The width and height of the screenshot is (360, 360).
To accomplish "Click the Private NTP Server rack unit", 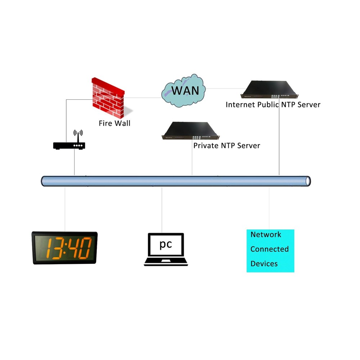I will (190, 131).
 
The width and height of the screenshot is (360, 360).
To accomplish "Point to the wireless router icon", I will (69, 145).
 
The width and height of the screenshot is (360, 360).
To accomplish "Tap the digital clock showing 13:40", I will (65, 248).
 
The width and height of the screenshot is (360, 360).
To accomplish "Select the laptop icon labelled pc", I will (166, 249).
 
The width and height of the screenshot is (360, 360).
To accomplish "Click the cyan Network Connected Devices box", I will (270, 251).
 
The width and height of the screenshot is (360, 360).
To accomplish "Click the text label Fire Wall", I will (114, 123).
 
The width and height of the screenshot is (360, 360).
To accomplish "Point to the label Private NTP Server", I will (226, 146).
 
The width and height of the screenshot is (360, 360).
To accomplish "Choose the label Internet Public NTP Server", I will (273, 105).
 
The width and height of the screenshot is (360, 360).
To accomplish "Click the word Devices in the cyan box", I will (264, 264).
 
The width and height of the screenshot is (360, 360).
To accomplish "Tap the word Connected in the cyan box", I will (269, 249).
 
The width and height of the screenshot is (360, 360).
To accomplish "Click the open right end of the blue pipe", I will (307, 181).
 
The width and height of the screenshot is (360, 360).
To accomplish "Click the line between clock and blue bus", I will (65, 209).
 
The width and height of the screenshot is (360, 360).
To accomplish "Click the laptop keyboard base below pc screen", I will (166, 262).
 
